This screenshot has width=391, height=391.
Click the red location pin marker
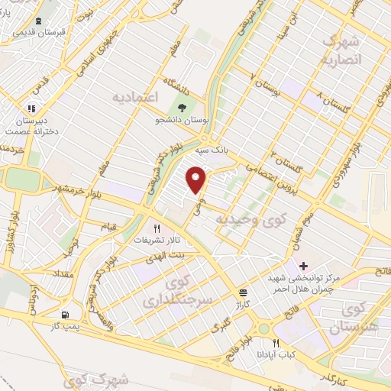coord(196,179)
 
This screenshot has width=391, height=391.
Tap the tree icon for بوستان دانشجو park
coord(182,106)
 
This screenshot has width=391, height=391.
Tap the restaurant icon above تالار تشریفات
coord(157,228)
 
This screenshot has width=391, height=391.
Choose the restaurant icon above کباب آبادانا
coord(276,343)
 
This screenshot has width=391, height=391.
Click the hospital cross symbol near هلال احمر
coord(304,266)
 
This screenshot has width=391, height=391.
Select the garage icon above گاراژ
coord(243,292)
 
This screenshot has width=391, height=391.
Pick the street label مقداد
coord(63,272)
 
